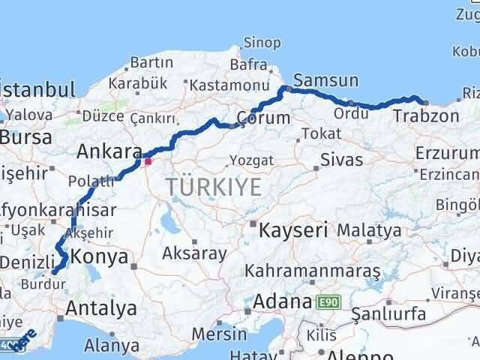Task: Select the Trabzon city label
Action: (x=425, y=116)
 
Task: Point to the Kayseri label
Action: (x=293, y=230)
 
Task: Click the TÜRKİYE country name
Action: (x=214, y=187)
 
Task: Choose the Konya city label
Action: (x=104, y=259)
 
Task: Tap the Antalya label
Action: (x=101, y=308)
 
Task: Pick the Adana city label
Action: (x=282, y=302)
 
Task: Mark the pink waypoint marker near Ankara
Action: (x=148, y=160)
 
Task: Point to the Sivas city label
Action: (x=341, y=160)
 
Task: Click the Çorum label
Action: (x=262, y=118)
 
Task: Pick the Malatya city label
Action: (x=369, y=230)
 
